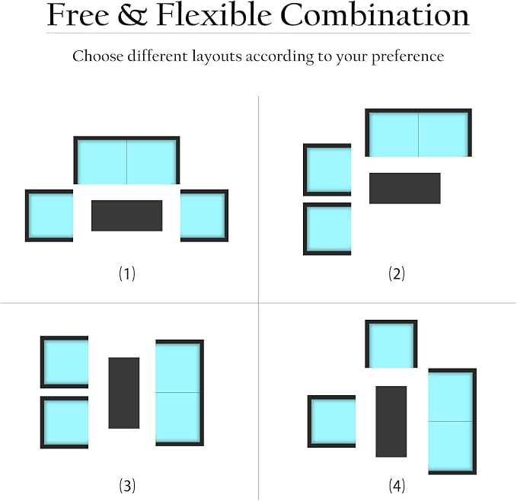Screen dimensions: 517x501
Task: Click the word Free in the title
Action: (78, 14)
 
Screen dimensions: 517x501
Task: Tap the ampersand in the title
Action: (132, 14)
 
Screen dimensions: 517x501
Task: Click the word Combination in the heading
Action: (375, 14)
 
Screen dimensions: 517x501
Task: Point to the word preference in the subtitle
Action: (408, 56)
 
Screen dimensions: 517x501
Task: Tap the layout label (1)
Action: (127, 273)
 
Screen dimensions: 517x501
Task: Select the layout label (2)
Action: (397, 273)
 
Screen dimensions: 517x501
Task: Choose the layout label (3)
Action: (127, 486)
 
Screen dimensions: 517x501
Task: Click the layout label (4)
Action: (397, 486)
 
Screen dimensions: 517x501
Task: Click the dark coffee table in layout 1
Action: (127, 215)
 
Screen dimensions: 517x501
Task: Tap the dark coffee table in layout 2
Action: (405, 188)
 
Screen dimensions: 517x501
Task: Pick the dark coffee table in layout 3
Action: (124, 393)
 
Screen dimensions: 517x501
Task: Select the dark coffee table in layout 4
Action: (391, 422)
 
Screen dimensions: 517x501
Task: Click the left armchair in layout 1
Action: (49, 215)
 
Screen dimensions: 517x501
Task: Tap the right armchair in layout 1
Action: (204, 215)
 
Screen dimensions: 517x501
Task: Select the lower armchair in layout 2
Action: (327, 229)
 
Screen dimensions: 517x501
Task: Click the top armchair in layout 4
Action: (391, 344)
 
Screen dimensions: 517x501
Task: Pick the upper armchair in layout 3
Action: (64, 362)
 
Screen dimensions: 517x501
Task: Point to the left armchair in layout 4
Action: (332, 422)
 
